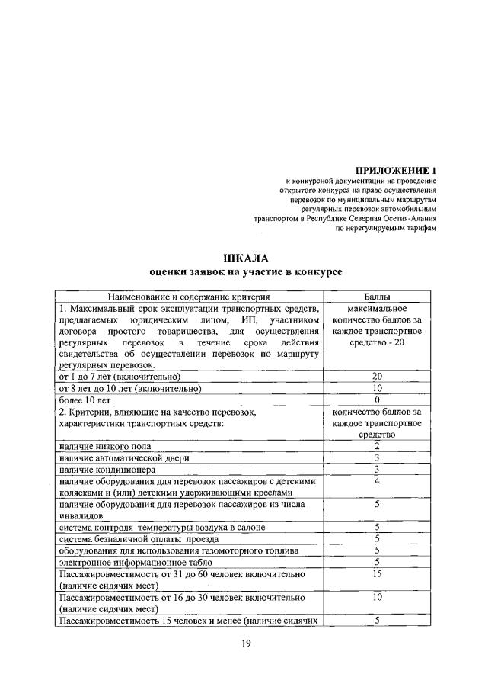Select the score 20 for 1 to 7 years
click(376, 377)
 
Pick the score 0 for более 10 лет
click(376, 400)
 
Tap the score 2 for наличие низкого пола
click(376, 445)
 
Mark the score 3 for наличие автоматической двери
click(376, 457)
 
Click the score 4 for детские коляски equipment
click(376, 481)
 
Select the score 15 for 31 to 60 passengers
click(376, 573)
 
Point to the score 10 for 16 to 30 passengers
click(376, 597)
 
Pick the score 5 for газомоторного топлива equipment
click(376, 550)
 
